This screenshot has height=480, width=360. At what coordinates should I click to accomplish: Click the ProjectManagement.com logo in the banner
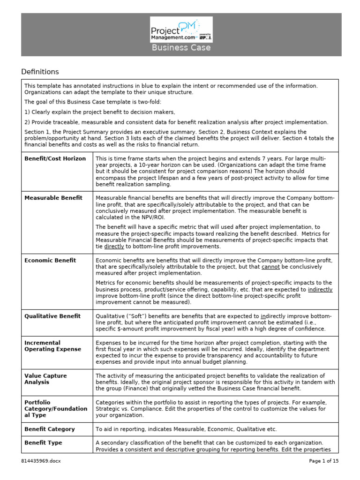pos(181,29)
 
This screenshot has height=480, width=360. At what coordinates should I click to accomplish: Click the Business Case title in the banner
pos(180,48)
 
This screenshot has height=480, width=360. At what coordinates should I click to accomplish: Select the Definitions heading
pos(40,72)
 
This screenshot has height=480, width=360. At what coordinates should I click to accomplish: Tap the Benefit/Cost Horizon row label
pos(55,158)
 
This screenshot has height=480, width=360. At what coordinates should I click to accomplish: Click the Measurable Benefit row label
pos(53,198)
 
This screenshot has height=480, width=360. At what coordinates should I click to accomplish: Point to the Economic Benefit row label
pos(50,260)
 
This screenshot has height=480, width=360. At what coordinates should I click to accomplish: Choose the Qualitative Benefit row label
pos(52,316)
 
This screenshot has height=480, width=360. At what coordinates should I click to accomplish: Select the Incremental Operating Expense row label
pos(52,346)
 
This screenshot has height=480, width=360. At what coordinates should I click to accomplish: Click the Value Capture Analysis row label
pos(45,379)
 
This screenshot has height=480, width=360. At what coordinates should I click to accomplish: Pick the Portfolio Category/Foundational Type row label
pos(56,409)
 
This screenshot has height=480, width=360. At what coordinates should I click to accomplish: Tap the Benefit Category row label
pos(50,429)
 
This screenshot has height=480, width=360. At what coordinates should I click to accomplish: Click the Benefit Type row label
pos(43,442)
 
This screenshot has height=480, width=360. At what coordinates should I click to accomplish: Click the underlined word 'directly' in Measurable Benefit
pos(114,247)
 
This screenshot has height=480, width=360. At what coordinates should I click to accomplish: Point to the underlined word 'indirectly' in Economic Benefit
pos(320,289)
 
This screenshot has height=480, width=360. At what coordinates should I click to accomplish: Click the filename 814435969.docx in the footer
pos(41,461)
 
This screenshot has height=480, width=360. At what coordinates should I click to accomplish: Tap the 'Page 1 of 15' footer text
pos(324,461)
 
